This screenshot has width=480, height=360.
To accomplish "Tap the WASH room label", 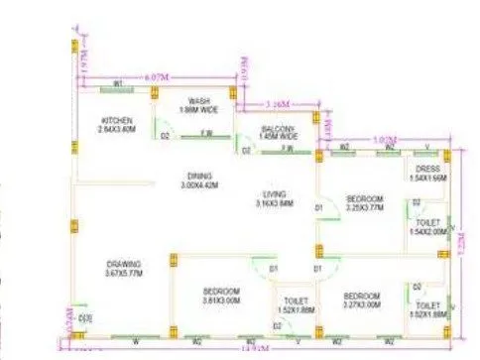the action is [199, 100].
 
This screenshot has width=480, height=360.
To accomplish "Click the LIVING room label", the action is [275, 193].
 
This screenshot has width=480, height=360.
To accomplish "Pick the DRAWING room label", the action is [122, 262].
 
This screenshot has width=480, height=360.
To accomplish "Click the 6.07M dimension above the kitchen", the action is [128, 75].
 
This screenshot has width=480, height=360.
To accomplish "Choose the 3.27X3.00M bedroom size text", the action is [361, 304].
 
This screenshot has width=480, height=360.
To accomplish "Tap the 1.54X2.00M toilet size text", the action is [427, 231].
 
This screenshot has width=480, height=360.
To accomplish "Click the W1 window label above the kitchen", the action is [117, 83].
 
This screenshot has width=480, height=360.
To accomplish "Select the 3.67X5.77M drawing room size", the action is [122, 272].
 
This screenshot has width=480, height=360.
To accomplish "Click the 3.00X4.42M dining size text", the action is [197, 185].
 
